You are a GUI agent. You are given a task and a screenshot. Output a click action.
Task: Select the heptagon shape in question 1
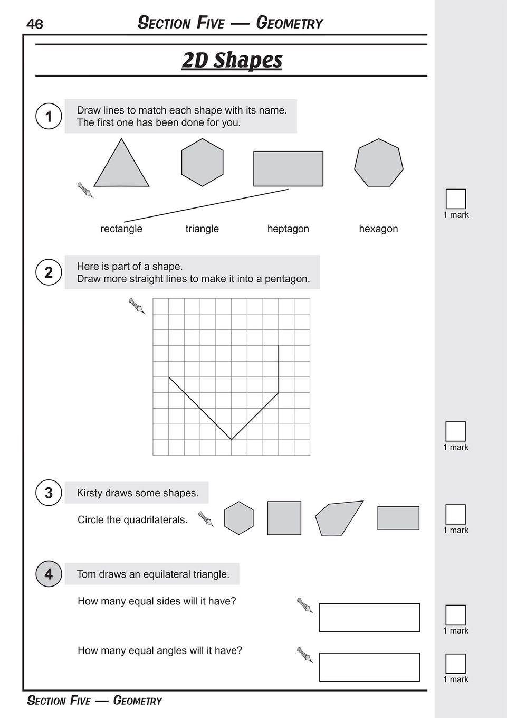coord(378,163)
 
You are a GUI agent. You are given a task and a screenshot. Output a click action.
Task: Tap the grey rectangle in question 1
coord(288,168)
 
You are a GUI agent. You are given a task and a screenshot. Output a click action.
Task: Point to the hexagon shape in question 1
coord(202,162)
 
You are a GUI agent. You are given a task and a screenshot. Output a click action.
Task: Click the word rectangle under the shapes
coord(121,229)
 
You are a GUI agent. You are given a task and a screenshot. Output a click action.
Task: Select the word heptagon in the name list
coord(288,229)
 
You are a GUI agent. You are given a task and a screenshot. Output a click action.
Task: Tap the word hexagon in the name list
coord(378,229)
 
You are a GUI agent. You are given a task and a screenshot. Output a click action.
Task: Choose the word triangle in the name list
coord(202,229)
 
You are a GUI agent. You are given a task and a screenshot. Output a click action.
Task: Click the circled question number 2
coord(49,272)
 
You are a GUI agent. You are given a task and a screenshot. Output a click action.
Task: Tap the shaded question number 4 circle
coord(49,574)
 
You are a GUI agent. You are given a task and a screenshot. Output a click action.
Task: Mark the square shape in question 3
coord(284,518)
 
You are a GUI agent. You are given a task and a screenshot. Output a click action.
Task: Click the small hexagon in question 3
coord(238,518)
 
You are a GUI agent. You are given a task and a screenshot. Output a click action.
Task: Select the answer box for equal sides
coord(369,617)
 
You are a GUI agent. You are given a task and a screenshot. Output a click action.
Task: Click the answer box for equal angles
coord(369,667)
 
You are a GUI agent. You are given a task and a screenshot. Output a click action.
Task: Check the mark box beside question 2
coord(455,431)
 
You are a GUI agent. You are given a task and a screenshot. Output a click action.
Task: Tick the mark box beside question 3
coord(455,514)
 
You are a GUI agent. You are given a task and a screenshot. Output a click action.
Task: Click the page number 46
coord(35,24)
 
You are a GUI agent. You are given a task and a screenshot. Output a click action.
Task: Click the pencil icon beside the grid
coord(137,306)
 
